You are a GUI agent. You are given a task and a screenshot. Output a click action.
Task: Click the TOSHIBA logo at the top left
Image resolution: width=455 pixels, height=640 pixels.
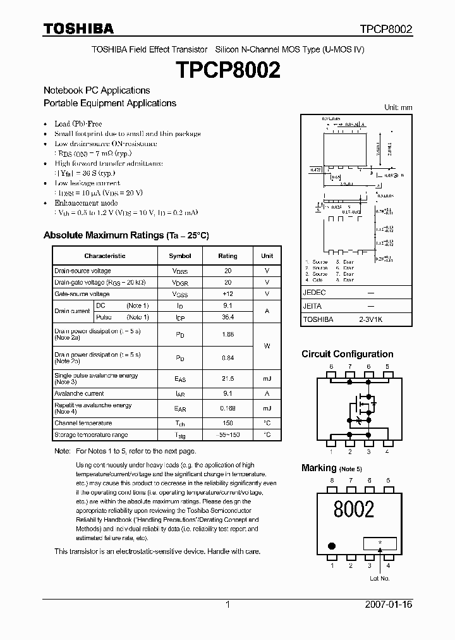[78, 28]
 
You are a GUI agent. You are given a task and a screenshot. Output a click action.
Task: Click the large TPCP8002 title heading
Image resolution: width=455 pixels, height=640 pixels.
[227, 70]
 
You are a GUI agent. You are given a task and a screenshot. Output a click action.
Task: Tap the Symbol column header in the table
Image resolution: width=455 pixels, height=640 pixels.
[179, 256]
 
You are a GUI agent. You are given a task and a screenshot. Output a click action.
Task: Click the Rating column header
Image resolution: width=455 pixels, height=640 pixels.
[227, 256]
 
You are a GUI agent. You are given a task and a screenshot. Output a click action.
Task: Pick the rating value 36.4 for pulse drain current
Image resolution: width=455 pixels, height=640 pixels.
[227, 317]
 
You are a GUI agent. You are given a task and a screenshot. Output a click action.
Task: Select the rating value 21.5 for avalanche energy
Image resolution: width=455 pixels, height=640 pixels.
[227, 378]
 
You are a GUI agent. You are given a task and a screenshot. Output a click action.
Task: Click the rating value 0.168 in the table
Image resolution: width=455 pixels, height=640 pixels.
[227, 409]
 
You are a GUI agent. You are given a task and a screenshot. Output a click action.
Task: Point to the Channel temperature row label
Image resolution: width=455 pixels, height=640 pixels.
[83, 423]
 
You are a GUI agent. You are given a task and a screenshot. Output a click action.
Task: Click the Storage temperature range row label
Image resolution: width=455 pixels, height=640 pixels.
[91, 435]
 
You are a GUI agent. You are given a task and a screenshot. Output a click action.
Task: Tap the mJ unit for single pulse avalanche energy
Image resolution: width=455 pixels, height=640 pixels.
[267, 378]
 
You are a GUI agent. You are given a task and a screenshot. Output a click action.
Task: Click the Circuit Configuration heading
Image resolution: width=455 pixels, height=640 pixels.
[347, 354]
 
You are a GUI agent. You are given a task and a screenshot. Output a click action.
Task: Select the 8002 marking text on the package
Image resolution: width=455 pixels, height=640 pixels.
[353, 509]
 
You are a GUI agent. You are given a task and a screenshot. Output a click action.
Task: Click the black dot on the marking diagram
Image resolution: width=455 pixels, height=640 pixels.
[331, 545]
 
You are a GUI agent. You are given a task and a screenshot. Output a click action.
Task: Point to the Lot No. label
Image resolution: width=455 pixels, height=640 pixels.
[380, 578]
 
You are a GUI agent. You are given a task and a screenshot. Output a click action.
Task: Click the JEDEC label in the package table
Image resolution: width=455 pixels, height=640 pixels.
[314, 293]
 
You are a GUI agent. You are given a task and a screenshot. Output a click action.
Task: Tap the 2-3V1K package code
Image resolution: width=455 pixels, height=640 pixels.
[370, 320]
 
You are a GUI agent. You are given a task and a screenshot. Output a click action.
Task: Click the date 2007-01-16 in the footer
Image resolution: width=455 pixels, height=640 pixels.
[389, 605]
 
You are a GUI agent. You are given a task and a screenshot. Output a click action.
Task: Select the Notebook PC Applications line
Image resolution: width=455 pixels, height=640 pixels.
[97, 90]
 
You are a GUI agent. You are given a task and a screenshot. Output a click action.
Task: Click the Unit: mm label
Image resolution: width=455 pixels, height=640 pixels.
[398, 108]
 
